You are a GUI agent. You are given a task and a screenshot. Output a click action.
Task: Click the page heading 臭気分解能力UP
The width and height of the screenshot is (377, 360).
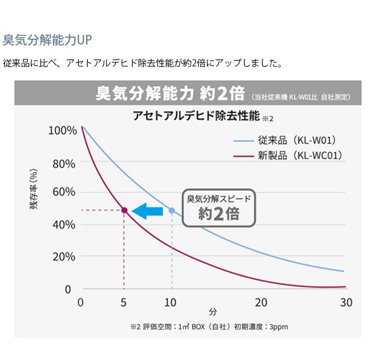pyautogui.click(x=47, y=40)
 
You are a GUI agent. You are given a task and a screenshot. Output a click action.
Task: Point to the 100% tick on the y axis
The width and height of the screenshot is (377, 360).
pyautogui.click(x=62, y=130)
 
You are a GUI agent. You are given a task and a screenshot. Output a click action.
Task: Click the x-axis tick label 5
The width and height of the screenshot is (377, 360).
pyautogui.click(x=123, y=302)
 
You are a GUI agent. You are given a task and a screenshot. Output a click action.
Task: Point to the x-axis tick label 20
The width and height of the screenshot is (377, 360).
pyautogui.click(x=261, y=302)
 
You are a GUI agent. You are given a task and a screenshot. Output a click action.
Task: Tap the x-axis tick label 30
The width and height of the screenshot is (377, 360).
pyautogui.click(x=346, y=302)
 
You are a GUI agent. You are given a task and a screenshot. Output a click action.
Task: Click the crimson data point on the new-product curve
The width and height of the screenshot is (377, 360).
pyautogui.click(x=124, y=210)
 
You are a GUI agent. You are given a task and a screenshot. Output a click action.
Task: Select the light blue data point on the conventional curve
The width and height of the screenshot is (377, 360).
pyautogui.click(x=172, y=210)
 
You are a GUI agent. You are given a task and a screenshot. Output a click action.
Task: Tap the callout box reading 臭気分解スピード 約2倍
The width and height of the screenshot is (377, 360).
pyautogui.click(x=218, y=207)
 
